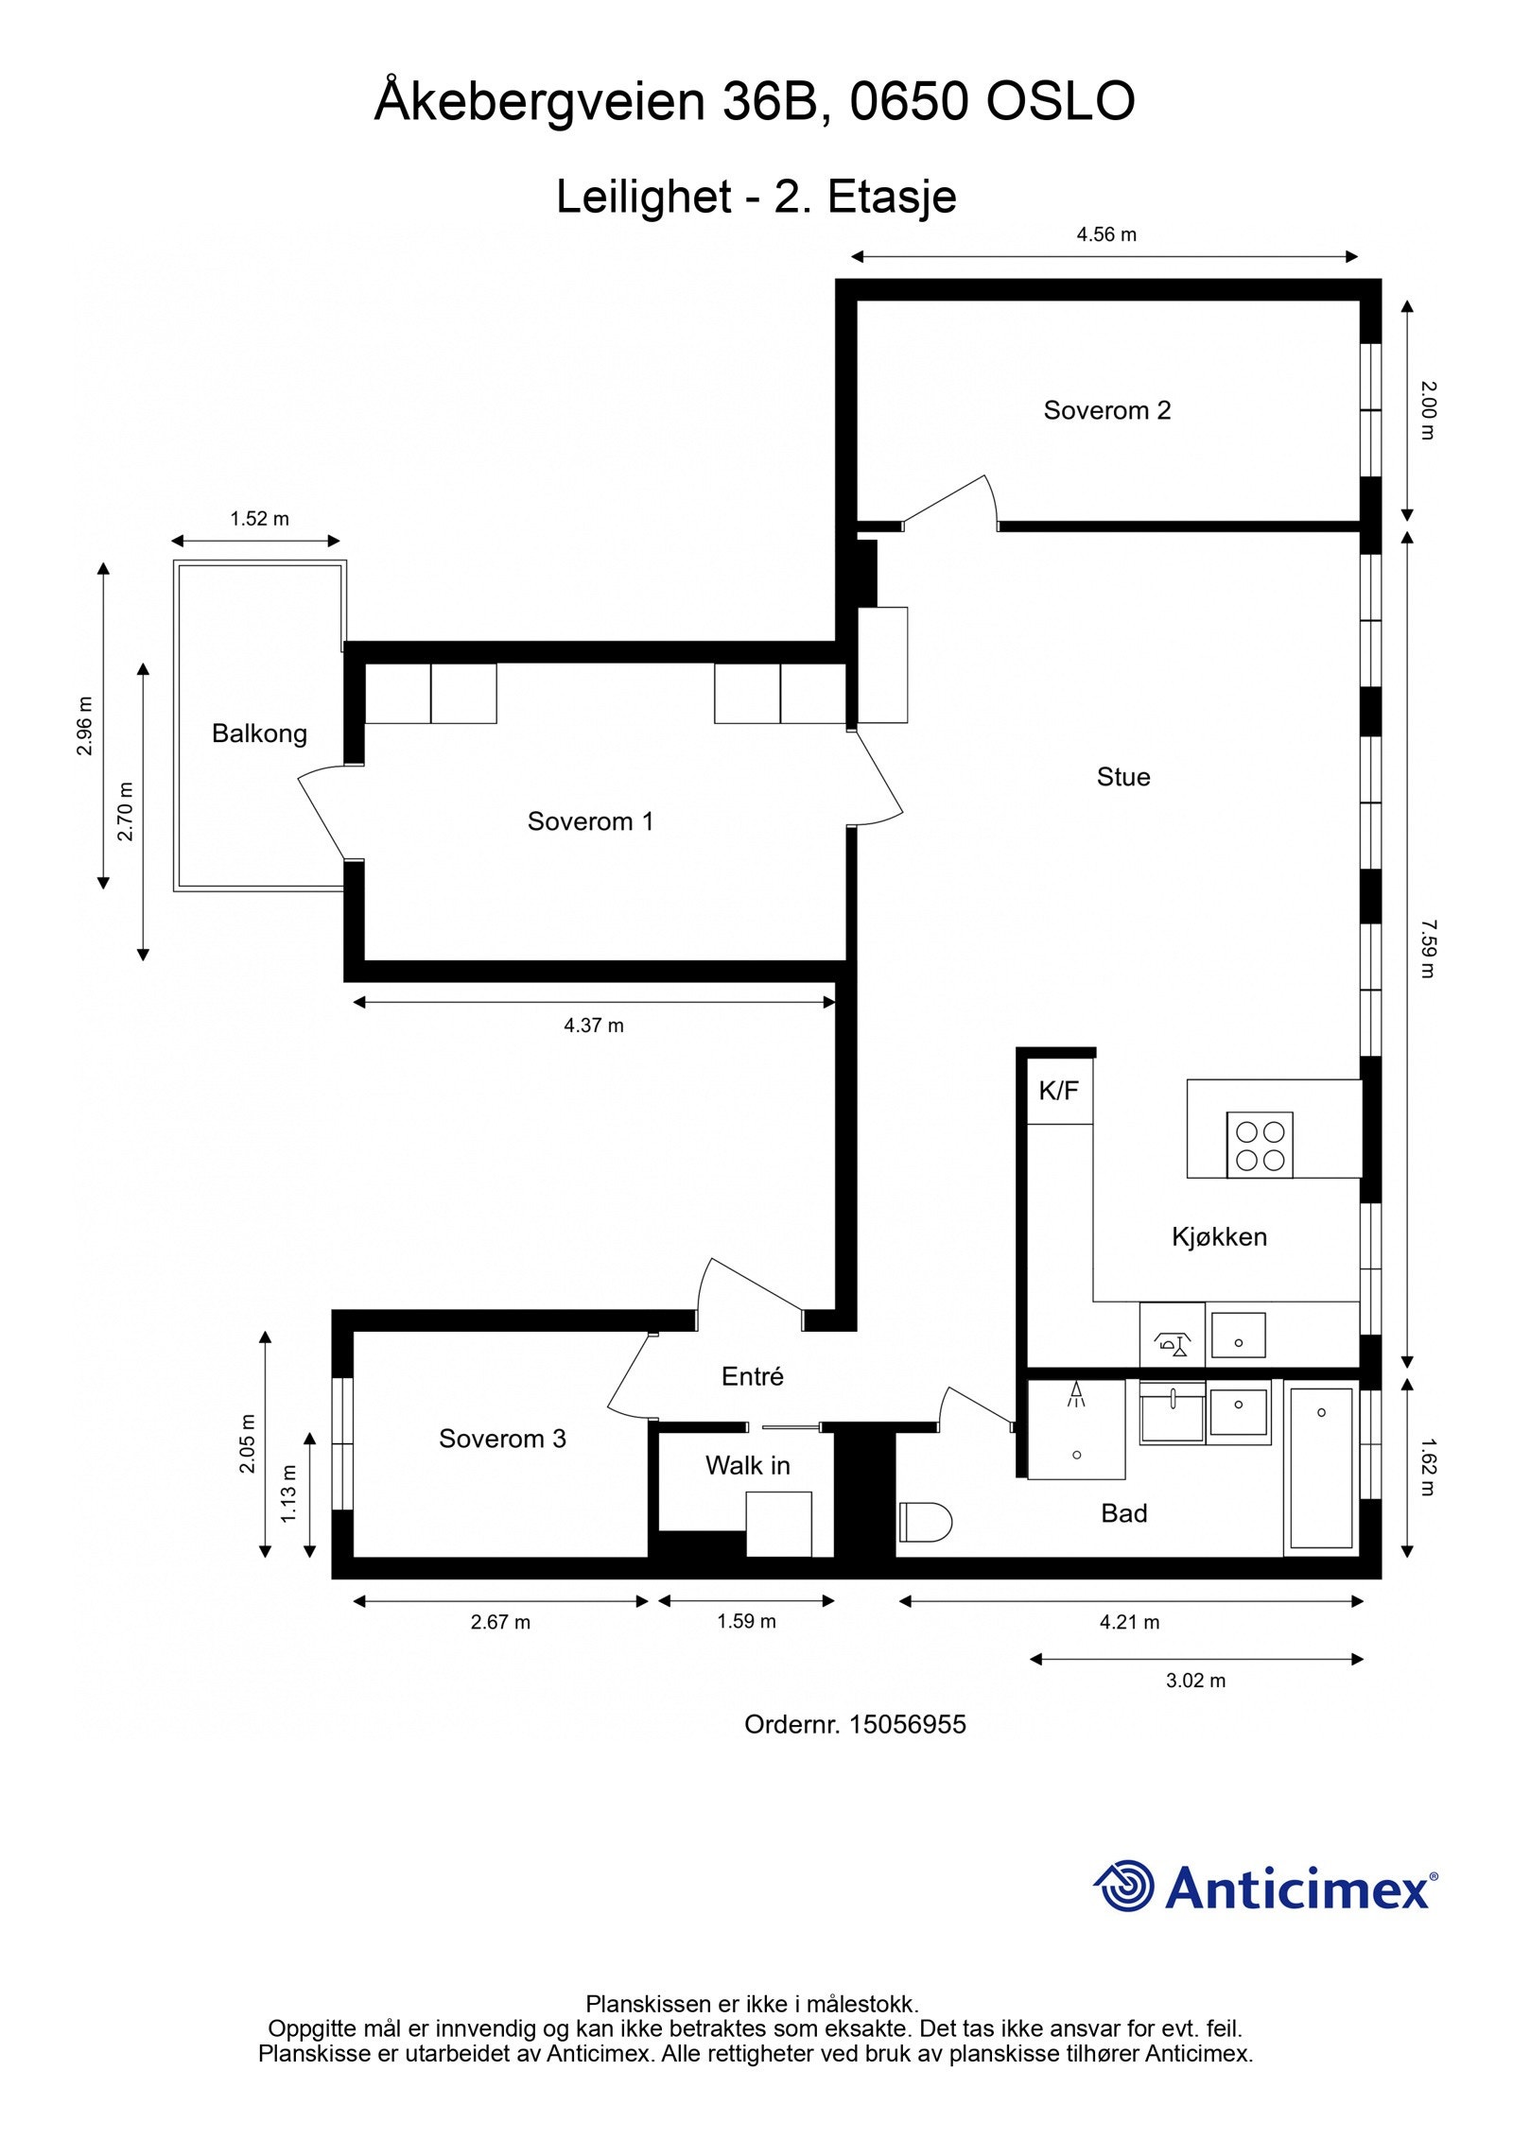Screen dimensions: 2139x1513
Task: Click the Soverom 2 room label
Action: click(x=1106, y=410)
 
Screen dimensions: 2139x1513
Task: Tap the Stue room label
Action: click(x=1122, y=777)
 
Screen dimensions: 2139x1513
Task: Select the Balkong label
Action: click(x=259, y=733)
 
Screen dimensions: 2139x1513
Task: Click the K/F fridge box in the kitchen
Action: click(x=1059, y=1092)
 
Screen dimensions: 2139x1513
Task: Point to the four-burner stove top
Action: click(x=1260, y=1145)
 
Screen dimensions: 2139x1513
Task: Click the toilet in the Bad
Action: click(x=925, y=1522)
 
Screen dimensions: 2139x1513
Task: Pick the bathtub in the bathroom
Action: click(x=1321, y=1467)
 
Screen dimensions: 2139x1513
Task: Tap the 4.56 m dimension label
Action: click(x=1105, y=235)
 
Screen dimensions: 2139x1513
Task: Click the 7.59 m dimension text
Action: click(x=1427, y=948)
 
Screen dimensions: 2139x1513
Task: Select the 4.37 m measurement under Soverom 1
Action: click(x=594, y=1026)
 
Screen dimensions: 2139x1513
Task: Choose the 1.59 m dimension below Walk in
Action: click(x=746, y=1622)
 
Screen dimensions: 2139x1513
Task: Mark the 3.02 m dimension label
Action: click(x=1195, y=1681)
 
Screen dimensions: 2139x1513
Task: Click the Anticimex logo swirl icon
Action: click(x=1125, y=1886)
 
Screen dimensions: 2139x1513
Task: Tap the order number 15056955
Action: click(x=907, y=1725)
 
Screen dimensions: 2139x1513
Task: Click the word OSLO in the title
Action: click(x=1060, y=102)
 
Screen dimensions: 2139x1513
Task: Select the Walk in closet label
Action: click(x=747, y=1466)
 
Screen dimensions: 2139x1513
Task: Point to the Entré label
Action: click(x=753, y=1377)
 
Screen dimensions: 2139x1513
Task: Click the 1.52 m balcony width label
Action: click(x=259, y=519)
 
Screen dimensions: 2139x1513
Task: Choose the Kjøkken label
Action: click(x=1219, y=1237)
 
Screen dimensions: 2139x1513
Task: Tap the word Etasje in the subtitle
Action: click(x=892, y=197)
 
